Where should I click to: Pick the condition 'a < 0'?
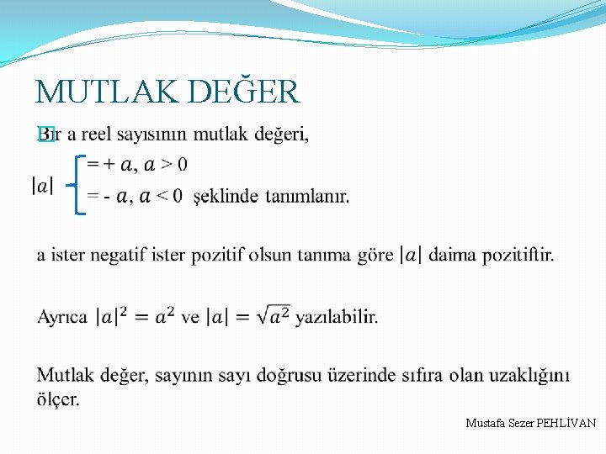click(x=160, y=197)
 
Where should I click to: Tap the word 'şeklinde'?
click(x=226, y=197)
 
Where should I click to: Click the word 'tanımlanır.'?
click(x=307, y=197)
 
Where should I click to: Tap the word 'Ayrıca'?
click(x=62, y=318)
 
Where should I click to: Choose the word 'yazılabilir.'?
click(x=337, y=318)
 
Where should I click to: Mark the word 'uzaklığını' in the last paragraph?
click(x=529, y=375)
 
